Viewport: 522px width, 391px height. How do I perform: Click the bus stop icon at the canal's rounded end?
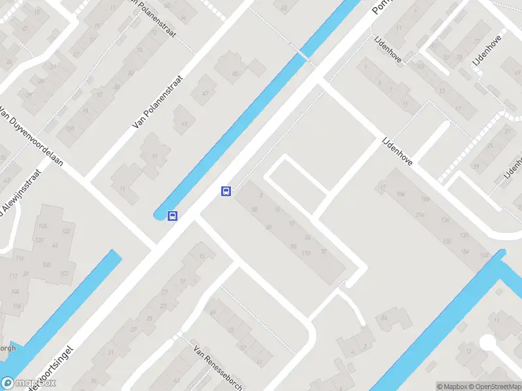click(x=173, y=216)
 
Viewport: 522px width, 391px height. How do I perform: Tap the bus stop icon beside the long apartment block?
click(x=226, y=191)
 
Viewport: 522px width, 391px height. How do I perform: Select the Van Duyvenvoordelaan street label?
click(x=31, y=136)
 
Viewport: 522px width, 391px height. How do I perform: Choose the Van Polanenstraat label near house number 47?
click(x=158, y=101)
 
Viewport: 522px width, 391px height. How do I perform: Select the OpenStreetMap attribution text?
click(x=495, y=386)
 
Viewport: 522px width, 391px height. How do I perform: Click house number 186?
click(x=425, y=199)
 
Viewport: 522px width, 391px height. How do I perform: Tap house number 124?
click(x=43, y=225)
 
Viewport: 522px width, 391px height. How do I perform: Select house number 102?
click(x=65, y=273)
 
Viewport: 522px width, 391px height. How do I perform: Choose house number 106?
click(x=16, y=306)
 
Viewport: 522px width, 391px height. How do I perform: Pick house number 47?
click(x=206, y=93)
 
